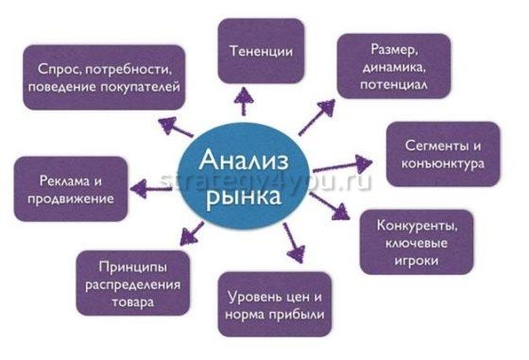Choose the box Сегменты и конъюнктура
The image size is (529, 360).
pos(443,154)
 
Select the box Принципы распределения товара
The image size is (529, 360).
pos(129,282)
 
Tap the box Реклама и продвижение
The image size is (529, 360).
pos(71,189)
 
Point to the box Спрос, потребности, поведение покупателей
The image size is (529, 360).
pos(104,77)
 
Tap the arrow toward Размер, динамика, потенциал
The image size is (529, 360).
pos(316,117)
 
